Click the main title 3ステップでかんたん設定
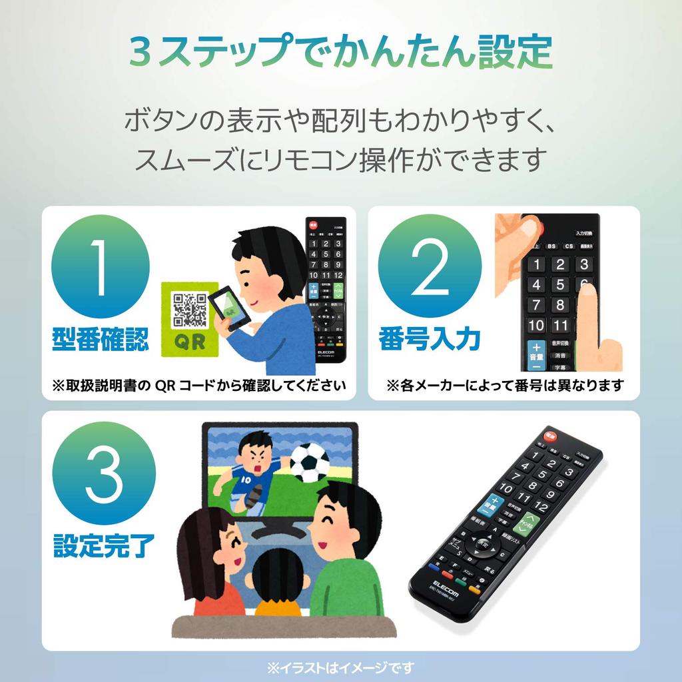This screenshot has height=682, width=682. pyautogui.click(x=340, y=53)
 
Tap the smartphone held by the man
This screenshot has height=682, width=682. pyautogui.click(x=228, y=308)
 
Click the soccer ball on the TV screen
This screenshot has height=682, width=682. pyautogui.click(x=310, y=462)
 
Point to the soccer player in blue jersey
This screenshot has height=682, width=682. pyautogui.click(x=250, y=470)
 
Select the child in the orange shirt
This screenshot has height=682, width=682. pyautogui.click(x=278, y=584)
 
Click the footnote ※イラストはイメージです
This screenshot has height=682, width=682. pyautogui.click(x=340, y=667)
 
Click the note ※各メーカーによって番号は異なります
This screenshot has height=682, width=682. pyautogui.click(x=504, y=386)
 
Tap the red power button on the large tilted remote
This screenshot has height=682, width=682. pyautogui.click(x=550, y=436)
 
